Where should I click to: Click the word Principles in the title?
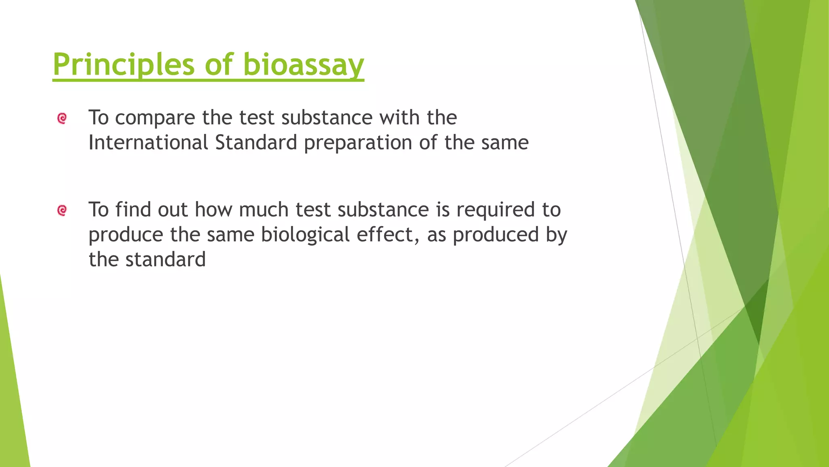123,65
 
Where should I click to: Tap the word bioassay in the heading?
304,65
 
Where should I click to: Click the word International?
148,143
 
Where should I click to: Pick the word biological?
305,235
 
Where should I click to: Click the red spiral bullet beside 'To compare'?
62,118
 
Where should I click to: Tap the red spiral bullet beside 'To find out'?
62,210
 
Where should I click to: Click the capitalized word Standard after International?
256,143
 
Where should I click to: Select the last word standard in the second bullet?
166,259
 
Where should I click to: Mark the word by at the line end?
556,235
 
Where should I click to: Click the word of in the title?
219,65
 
